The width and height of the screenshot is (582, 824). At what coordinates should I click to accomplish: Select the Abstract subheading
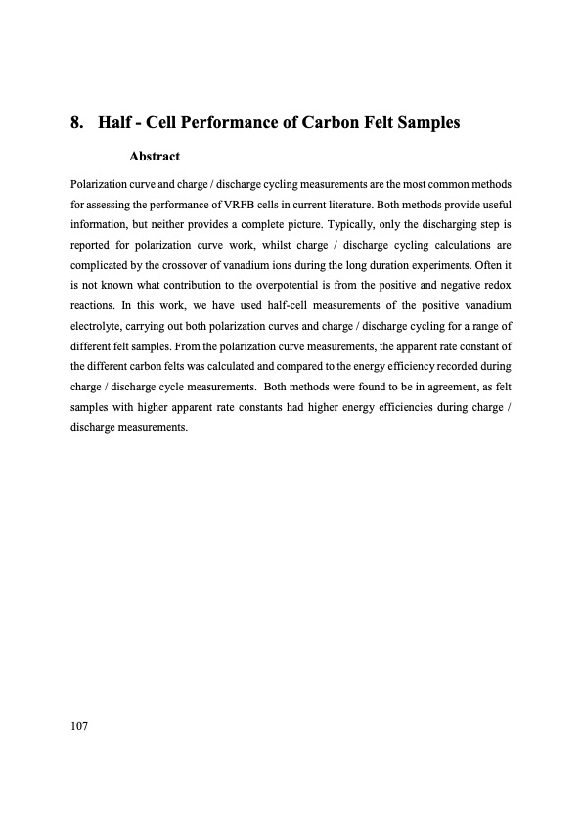click(x=155, y=156)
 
